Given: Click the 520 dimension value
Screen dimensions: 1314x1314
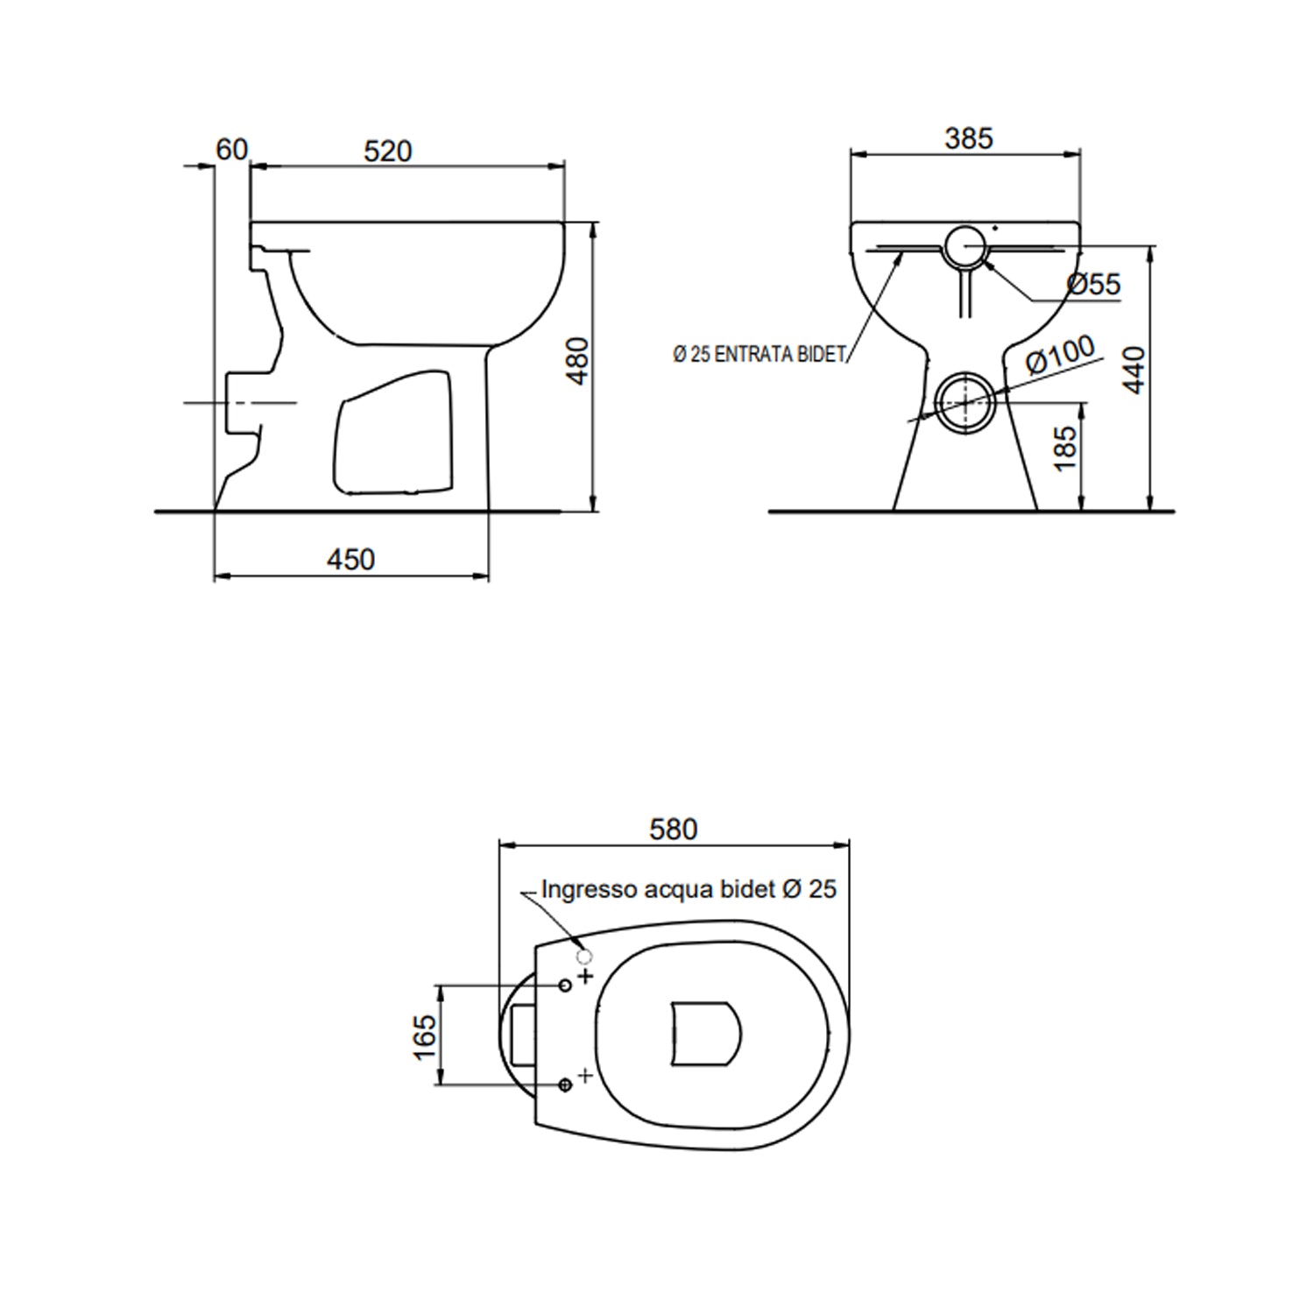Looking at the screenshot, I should coord(387,152).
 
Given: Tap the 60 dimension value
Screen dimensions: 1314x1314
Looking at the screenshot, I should coord(231,150).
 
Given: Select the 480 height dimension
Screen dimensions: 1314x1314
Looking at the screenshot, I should coord(578,361).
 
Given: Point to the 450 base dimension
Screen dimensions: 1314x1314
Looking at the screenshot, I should coord(350,559).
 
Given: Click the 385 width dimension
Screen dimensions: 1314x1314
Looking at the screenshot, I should coord(969,138).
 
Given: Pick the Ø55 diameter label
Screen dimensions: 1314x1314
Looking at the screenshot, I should coord(1093,284).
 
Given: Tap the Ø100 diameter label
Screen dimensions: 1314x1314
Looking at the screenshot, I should coord(1060,353).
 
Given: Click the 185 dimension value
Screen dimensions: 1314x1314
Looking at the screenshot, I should coord(1065,449).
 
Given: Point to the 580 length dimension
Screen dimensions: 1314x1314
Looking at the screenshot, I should coord(673,829).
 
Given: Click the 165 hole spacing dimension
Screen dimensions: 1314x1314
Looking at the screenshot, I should coord(425,1036).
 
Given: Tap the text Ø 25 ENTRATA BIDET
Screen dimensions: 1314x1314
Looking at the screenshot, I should coord(759,355).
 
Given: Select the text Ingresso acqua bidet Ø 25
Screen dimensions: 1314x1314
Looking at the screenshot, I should coord(689,889).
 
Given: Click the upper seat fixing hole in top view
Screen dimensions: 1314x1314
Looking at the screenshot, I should coord(565,985).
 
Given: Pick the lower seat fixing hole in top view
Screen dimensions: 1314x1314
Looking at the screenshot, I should coord(565,1085).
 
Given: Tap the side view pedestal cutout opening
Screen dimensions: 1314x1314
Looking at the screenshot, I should coord(394,431).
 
